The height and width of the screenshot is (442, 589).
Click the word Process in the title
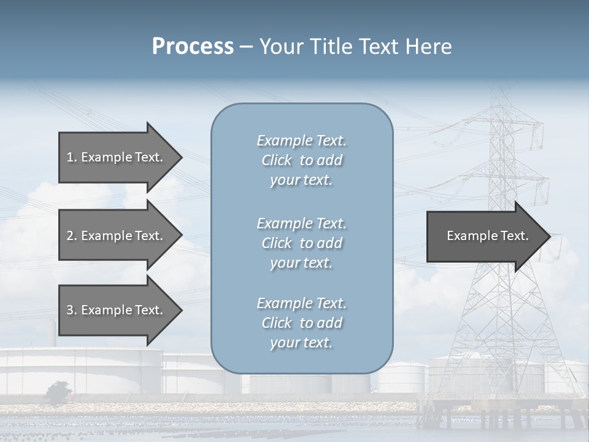point(193,47)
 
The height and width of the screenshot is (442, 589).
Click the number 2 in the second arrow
point(70,236)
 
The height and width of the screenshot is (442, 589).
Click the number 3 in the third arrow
point(70,310)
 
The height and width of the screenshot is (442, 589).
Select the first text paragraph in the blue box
point(301,160)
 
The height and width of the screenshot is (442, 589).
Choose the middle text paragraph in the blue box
point(301,243)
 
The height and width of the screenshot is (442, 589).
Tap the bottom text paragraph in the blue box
point(301,323)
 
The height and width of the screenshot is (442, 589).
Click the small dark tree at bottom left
point(58,390)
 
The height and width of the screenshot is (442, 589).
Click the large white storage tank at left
point(80,368)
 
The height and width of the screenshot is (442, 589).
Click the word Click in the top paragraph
point(277,160)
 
